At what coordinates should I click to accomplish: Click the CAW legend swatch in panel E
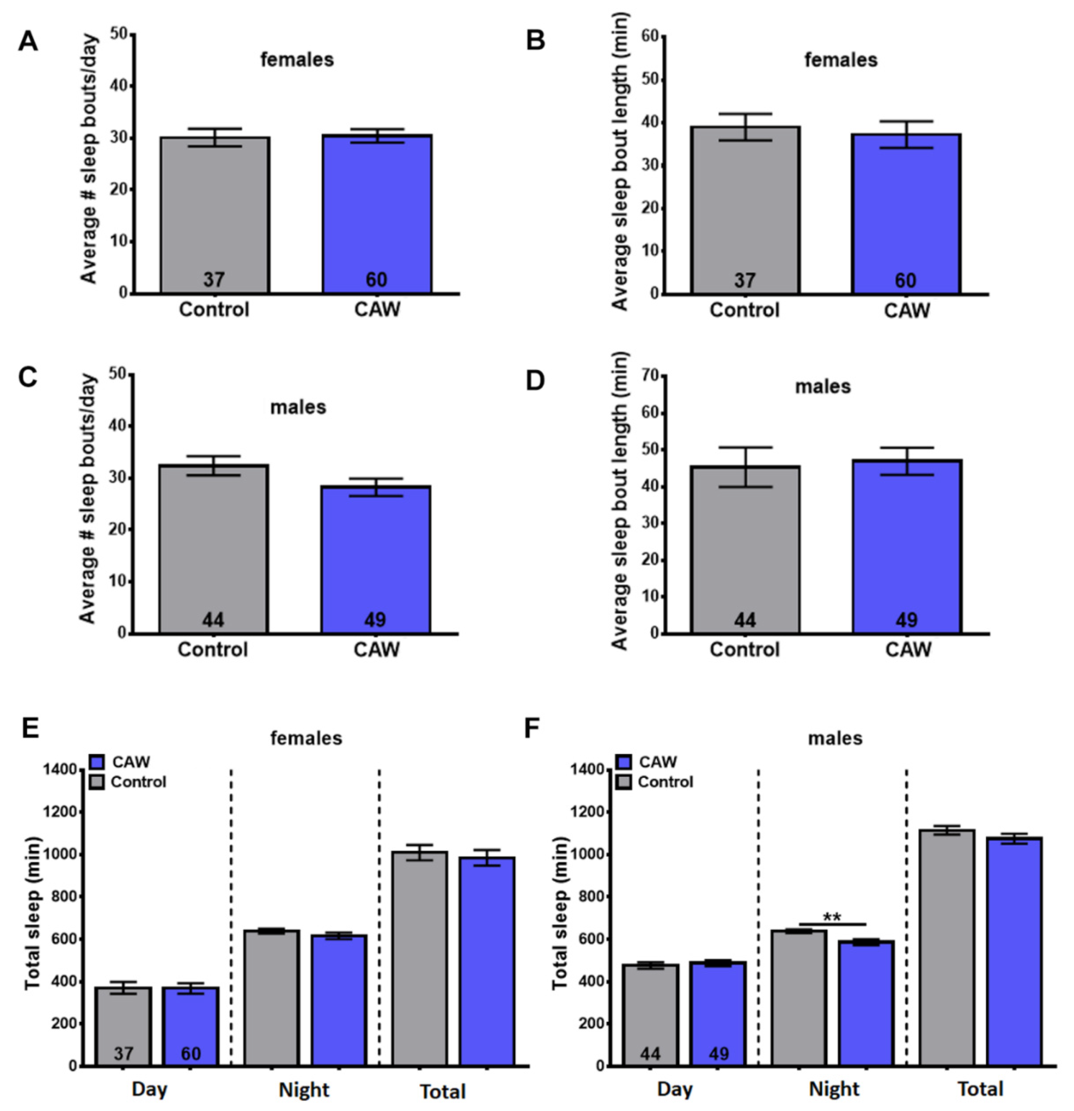pyautogui.click(x=97, y=761)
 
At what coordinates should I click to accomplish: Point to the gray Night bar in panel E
pyautogui.click(x=272, y=998)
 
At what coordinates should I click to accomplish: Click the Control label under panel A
pyautogui.click(x=214, y=309)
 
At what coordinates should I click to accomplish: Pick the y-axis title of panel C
pyautogui.click(x=88, y=499)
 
